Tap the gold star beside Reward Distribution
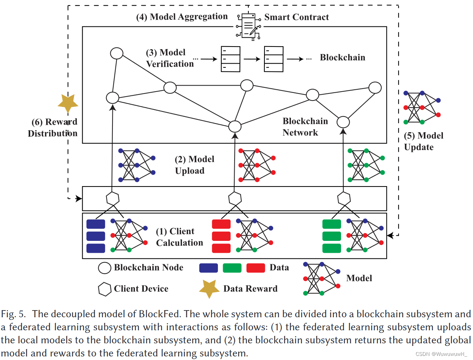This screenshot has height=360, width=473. [68, 103]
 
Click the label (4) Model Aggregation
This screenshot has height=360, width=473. [182, 17]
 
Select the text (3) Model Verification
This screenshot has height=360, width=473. [170, 58]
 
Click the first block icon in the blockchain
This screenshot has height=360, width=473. [231, 59]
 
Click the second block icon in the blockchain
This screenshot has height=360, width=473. [274, 59]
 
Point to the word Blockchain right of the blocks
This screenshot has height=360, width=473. [342, 57]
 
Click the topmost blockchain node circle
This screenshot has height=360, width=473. [117, 53]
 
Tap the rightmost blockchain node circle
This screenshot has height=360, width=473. [375, 88]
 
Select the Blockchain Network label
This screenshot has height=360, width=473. [305, 127]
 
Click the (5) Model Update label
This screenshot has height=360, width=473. [423, 141]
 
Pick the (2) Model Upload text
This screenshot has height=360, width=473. [194, 165]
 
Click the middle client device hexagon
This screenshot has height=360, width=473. [235, 198]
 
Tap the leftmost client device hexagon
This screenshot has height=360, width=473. [112, 198]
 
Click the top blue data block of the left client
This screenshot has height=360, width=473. [96, 224]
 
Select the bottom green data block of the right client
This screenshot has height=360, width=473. [331, 248]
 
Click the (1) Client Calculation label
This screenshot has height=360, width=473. [180, 237]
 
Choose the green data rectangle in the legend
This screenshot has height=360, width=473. [232, 268]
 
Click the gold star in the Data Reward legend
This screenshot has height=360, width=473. [209, 289]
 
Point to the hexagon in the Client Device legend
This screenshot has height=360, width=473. [105, 289]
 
